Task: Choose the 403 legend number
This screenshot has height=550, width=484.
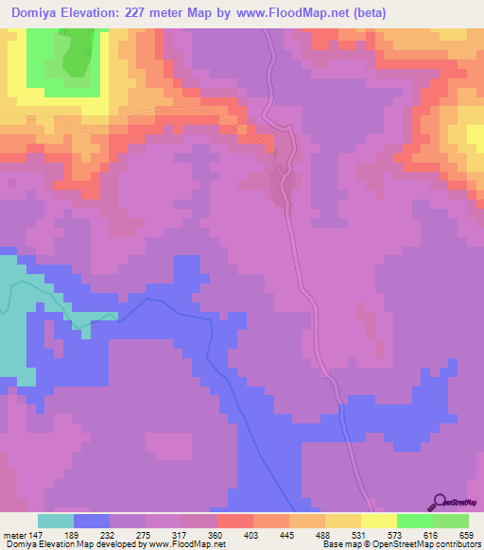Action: (x=253, y=534)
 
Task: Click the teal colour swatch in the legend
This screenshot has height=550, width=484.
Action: (x=56, y=521)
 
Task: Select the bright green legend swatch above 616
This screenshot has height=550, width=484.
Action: (x=415, y=521)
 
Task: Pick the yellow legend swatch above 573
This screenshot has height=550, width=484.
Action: (x=379, y=521)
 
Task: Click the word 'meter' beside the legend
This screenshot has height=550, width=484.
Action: (x=13, y=534)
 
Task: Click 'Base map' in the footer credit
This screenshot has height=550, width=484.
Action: (x=339, y=544)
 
